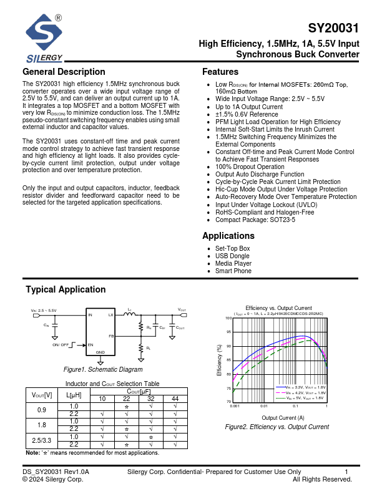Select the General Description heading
click(x=64, y=72)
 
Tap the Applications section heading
click(x=228, y=236)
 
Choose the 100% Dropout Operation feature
click(x=250, y=167)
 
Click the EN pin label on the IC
click(x=91, y=345)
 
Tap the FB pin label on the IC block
click(x=111, y=336)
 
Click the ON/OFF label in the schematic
click(x=61, y=345)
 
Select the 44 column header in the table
click(x=175, y=399)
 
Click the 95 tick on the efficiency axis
click(x=228, y=332)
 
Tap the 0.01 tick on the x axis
click(x=264, y=406)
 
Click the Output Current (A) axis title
click(x=283, y=417)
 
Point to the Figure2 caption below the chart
click(x=277, y=427)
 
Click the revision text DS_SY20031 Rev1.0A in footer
click(x=56, y=472)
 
